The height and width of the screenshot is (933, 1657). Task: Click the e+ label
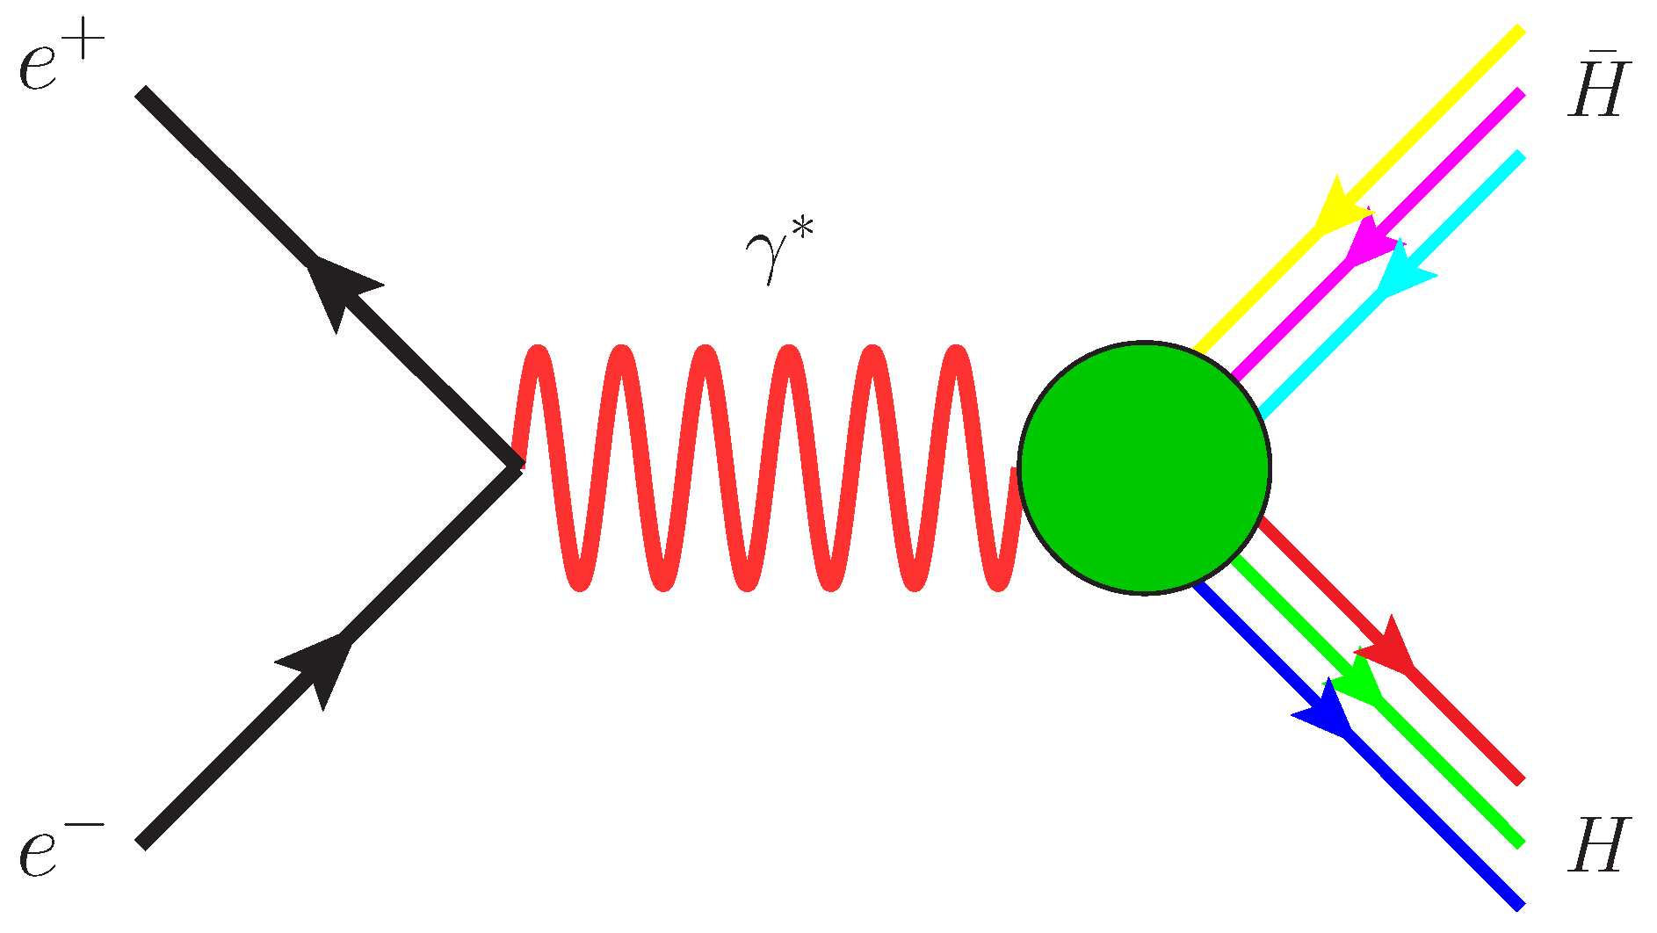60,61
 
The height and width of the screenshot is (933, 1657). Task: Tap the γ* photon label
778,250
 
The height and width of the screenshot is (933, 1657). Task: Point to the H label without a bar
1596,845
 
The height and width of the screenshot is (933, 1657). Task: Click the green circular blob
1144,467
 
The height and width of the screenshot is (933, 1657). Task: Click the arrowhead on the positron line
338,286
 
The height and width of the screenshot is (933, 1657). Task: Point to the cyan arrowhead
1403,271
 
